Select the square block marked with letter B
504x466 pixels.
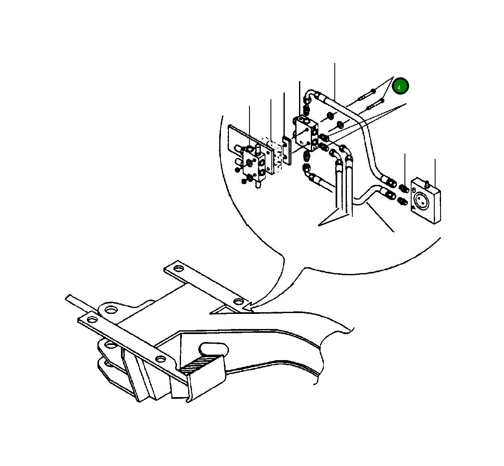(426, 199)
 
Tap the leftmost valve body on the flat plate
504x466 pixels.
(254, 166)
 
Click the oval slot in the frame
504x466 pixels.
(214, 349)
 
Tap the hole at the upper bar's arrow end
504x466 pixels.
(238, 302)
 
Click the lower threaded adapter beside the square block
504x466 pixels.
(402, 201)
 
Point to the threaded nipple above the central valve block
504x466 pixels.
(307, 111)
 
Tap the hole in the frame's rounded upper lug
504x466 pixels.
(111, 310)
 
